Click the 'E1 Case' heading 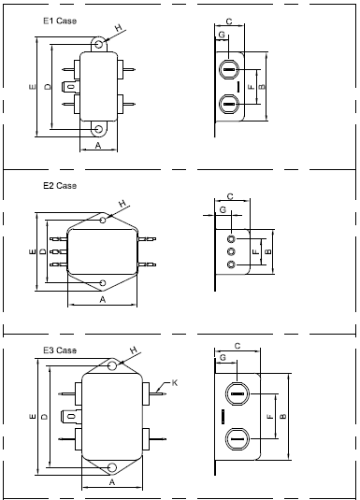pyautogui.click(x=60, y=21)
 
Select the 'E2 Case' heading pyautogui.click(x=60, y=186)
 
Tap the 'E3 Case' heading pyautogui.click(x=60, y=350)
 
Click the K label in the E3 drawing pyautogui.click(x=175, y=382)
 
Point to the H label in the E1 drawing pyautogui.click(x=119, y=28)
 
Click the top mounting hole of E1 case pyautogui.click(x=99, y=44)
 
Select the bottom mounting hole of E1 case pyautogui.click(x=99, y=129)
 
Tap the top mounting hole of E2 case pyautogui.click(x=103, y=220)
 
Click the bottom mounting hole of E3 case pyautogui.click(x=112, y=468)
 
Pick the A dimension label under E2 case pyautogui.click(x=103, y=300)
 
